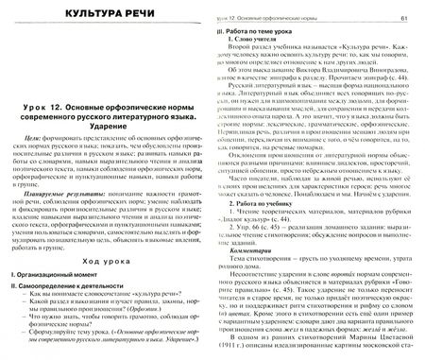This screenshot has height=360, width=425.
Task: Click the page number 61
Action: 403,19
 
